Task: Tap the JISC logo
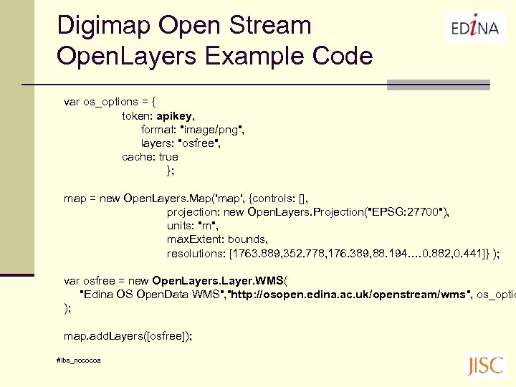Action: click(x=485, y=365)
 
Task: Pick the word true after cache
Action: click(x=168, y=157)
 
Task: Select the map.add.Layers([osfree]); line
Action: click(x=128, y=335)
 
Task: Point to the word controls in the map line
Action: click(x=274, y=199)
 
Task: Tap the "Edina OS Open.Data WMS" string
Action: click(x=150, y=295)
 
